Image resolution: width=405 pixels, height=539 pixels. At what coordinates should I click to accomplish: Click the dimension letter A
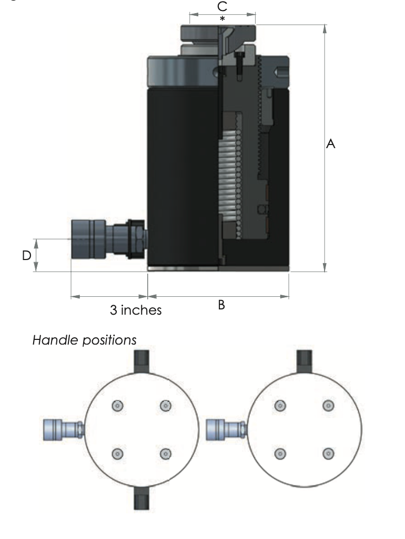(331, 143)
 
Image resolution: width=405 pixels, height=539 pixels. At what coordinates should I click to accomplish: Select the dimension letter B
(221, 305)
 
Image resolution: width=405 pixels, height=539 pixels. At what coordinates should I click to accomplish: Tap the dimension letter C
(222, 6)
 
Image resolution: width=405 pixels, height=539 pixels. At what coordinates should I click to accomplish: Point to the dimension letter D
(26, 256)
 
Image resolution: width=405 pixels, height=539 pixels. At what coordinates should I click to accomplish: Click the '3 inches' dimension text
(136, 310)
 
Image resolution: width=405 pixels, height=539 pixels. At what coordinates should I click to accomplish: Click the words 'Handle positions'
(84, 340)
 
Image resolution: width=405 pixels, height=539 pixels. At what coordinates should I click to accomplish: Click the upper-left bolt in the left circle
(117, 405)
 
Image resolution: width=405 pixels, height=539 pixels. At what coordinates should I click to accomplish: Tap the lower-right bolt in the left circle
(166, 453)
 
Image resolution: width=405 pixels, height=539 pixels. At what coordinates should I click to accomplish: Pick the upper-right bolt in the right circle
(328, 405)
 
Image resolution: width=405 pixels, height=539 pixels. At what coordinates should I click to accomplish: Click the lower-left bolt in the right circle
(280, 453)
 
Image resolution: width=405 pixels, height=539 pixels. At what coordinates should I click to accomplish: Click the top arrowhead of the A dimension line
(325, 29)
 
